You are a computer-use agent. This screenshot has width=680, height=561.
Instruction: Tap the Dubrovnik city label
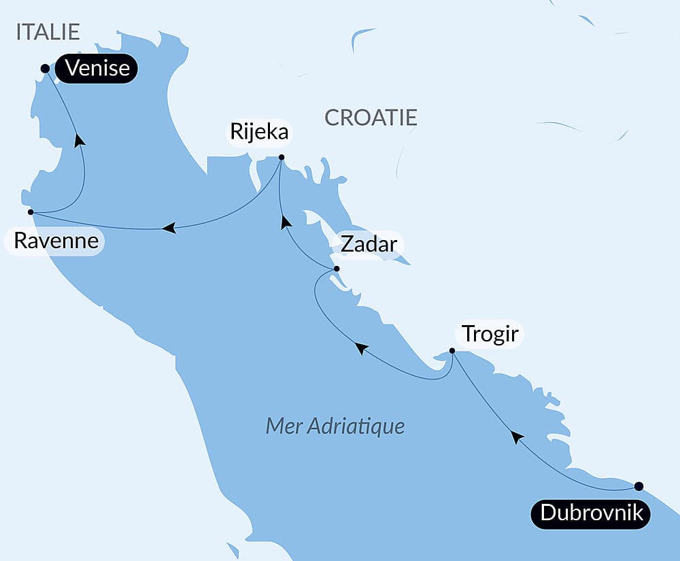coord(591,513)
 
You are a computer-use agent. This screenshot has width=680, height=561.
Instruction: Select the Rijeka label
coord(259,133)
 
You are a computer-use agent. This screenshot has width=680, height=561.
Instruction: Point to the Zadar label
coord(368,244)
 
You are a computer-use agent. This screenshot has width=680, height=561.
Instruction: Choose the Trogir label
coord(490,335)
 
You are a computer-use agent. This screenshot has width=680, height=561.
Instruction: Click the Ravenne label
coord(55,241)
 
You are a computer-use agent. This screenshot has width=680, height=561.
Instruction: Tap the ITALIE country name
coord(48,32)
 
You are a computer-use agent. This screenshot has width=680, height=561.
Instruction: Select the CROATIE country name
coord(371,118)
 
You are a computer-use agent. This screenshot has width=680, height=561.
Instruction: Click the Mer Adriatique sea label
coord(335,426)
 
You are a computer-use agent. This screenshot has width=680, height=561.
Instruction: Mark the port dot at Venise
coord(45,68)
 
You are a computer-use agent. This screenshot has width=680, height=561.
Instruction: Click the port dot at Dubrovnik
coord(638,486)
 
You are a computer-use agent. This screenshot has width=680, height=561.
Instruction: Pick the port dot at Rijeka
coord(282,158)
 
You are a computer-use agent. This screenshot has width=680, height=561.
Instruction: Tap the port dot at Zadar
coord(336,269)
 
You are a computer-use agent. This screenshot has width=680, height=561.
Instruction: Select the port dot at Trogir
coord(452,351)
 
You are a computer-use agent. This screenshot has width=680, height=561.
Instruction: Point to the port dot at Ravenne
coord(31,212)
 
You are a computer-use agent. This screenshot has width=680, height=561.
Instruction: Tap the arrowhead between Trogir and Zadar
coord(362,348)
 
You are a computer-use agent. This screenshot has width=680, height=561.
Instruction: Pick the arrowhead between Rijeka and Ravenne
coord(169,228)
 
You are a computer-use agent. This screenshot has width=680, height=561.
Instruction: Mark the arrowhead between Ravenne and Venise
coord(80,139)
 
